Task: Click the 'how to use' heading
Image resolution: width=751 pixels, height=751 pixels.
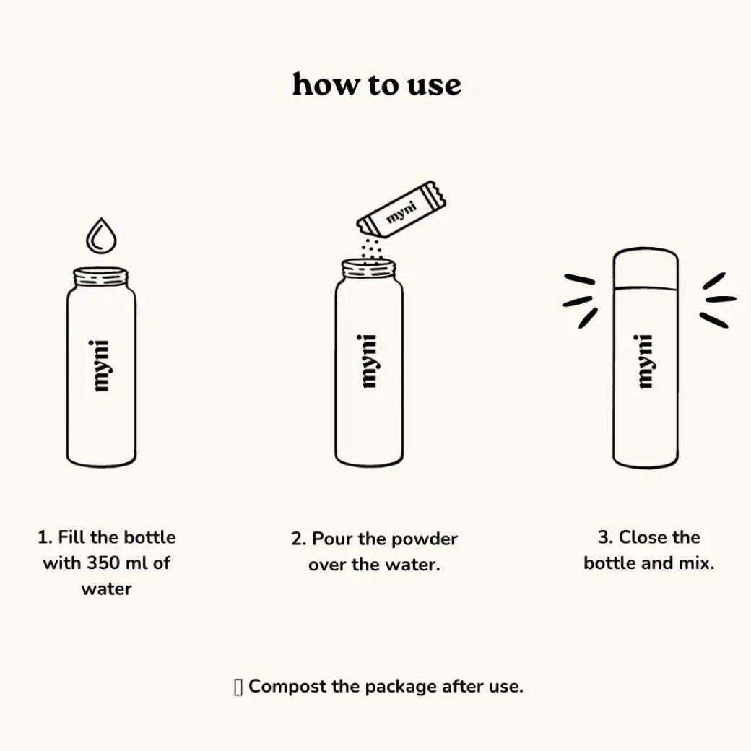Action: point(376,84)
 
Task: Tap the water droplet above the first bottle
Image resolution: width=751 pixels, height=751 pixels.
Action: point(101,235)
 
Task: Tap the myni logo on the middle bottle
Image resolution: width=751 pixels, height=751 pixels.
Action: point(369,361)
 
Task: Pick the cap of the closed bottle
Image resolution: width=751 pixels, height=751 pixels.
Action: point(646,269)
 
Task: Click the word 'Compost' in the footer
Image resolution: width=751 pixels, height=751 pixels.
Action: point(288,687)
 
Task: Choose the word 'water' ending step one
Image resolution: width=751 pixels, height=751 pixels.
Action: point(107,589)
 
